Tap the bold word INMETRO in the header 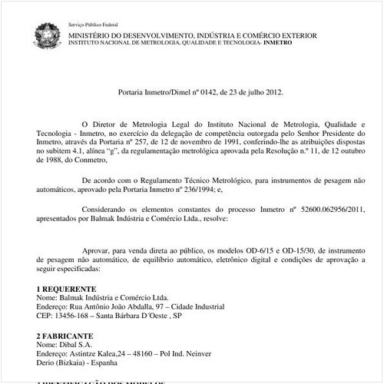277,43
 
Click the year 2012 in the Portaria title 272,92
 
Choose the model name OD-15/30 293,250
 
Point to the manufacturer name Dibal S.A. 74,346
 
